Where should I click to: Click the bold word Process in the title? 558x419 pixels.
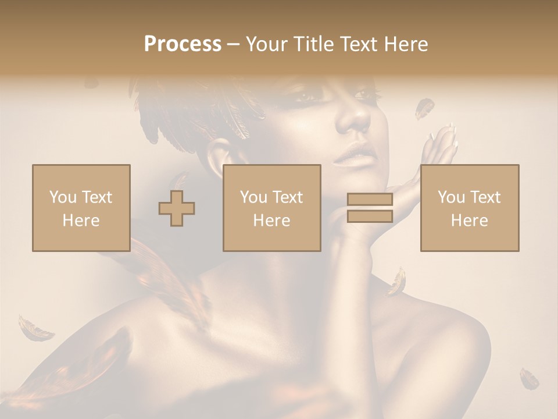click(x=183, y=44)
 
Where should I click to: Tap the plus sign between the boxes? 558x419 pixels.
click(x=177, y=208)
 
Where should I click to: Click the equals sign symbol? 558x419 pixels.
click(x=370, y=208)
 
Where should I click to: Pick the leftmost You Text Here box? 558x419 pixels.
click(x=81, y=208)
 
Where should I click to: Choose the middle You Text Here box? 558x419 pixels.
click(x=272, y=208)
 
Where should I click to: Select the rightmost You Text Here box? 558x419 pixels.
click(x=470, y=208)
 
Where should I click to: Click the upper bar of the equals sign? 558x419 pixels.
click(x=370, y=200)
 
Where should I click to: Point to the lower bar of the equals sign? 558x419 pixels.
click(x=370, y=216)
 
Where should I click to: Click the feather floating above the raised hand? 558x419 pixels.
click(x=424, y=108)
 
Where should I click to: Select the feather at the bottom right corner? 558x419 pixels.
click(x=529, y=378)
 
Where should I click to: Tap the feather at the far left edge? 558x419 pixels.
click(x=35, y=329)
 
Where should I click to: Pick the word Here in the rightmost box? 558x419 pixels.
click(x=469, y=220)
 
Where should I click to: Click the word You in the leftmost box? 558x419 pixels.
click(x=62, y=197)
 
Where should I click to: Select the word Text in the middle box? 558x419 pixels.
click(x=287, y=197)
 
